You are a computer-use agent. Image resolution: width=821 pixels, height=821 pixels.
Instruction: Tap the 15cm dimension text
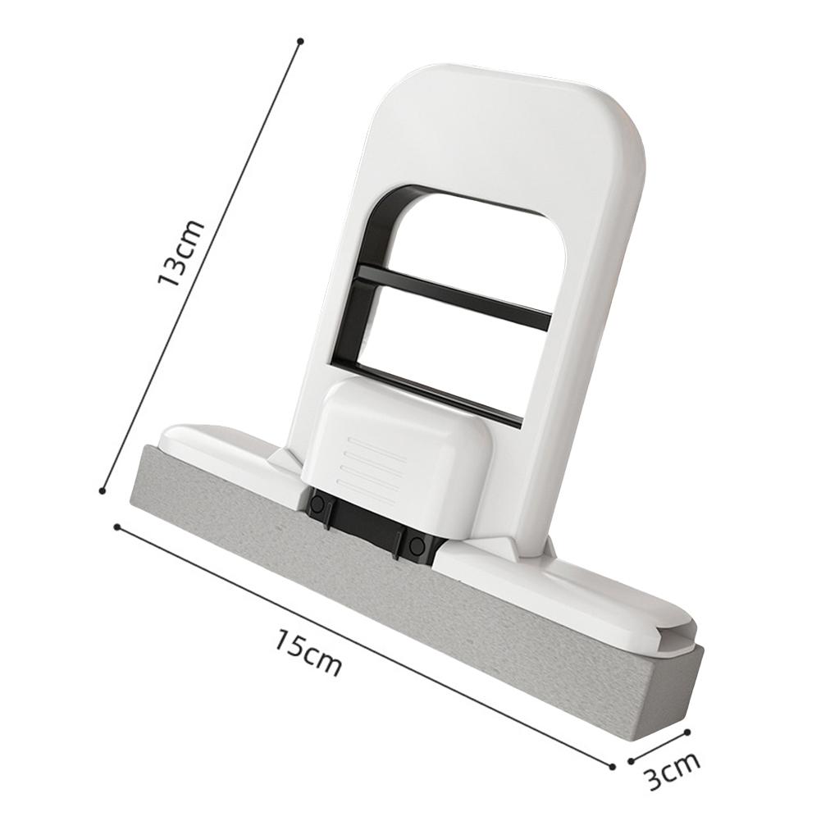(x=308, y=651)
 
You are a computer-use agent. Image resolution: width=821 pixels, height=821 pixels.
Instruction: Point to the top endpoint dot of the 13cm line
(x=300, y=40)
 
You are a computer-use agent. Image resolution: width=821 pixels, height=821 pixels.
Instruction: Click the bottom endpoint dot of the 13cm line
(x=103, y=490)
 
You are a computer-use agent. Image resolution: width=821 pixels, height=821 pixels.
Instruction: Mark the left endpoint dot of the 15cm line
(x=117, y=527)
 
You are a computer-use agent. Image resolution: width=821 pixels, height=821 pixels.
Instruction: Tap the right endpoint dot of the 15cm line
(x=612, y=766)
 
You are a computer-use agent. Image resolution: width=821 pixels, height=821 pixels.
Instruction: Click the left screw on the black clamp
(x=317, y=504)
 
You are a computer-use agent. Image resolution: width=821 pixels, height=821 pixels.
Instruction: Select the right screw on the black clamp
(x=417, y=545)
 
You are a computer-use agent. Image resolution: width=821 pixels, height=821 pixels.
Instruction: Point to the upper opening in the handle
(x=476, y=246)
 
